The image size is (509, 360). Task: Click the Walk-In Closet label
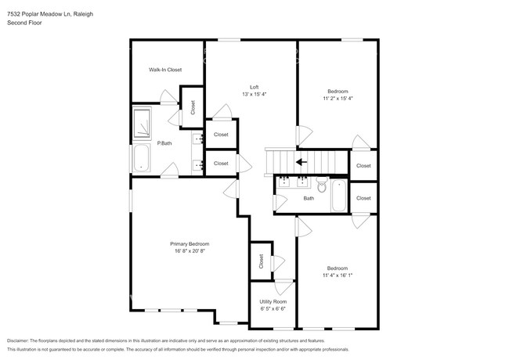tap(165, 70)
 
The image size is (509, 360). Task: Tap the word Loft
tap(254, 87)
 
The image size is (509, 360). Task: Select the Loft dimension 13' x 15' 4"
tap(254, 95)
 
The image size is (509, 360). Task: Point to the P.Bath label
tap(164, 143)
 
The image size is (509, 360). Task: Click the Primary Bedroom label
tap(190, 244)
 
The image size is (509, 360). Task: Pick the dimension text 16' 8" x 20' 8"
tap(190, 252)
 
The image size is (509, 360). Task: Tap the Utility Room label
tap(273, 301)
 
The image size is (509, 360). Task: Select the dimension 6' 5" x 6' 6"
tap(273, 309)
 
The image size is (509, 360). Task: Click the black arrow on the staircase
tap(301, 163)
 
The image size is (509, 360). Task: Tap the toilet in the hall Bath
tap(321, 185)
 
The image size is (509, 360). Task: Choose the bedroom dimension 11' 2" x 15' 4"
tap(338, 99)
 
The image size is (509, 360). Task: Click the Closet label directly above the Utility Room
tap(261, 262)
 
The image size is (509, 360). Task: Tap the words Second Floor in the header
tap(24, 23)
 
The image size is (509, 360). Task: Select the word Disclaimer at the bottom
tap(21, 341)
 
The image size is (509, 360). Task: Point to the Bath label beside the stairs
tap(309, 198)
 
